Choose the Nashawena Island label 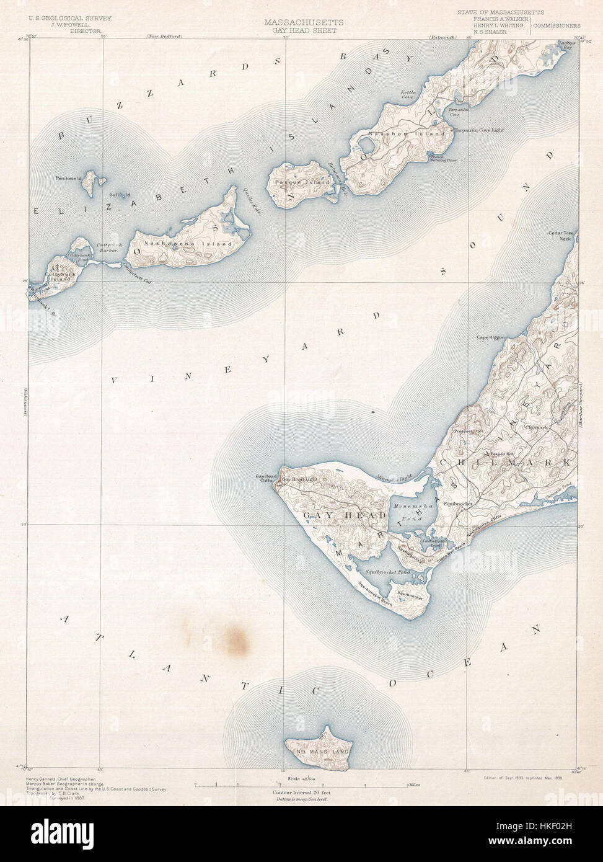click(x=187, y=243)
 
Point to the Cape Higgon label click(x=491, y=338)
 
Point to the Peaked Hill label click(x=503, y=455)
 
